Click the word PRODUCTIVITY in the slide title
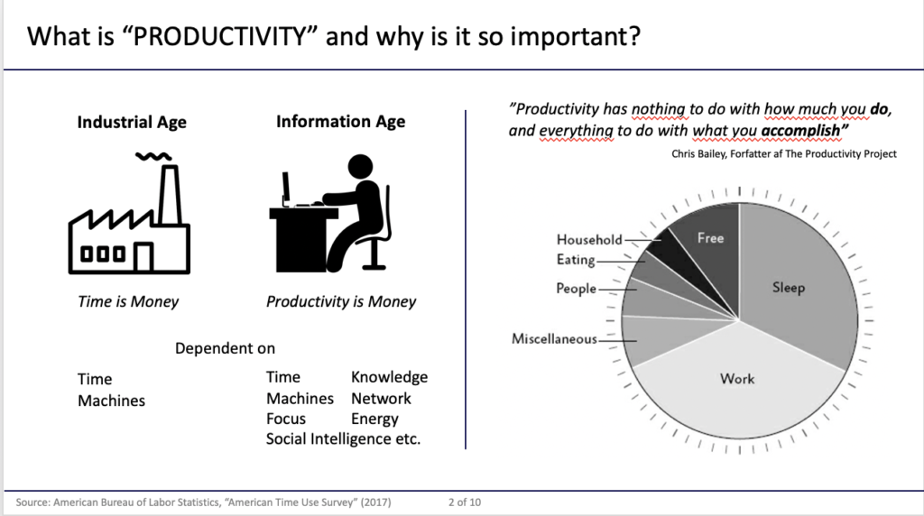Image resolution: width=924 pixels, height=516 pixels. [x=219, y=36]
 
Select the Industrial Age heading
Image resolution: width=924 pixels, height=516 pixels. [x=132, y=122]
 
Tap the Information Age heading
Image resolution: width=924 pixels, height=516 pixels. [x=340, y=122]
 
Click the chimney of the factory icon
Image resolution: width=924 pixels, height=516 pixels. [x=170, y=194]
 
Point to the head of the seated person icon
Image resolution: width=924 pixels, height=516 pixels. [x=360, y=167]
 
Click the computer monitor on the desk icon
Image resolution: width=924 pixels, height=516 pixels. [x=286, y=189]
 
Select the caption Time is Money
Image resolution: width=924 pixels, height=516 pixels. [x=128, y=301]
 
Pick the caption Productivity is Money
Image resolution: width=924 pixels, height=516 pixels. [x=340, y=301]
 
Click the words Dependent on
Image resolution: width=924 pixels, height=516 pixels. [x=225, y=348]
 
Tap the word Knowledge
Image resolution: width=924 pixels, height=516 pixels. [x=390, y=377]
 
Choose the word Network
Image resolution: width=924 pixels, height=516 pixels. [x=381, y=399]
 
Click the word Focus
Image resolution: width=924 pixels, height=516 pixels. [x=286, y=419]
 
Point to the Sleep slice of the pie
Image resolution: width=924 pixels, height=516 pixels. [x=796, y=282]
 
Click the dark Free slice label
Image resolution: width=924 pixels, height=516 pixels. [x=710, y=238]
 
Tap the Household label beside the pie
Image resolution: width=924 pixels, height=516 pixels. [x=589, y=240]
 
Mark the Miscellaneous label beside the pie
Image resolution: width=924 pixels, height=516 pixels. [x=554, y=338]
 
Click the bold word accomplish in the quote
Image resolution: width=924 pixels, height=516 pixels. [x=800, y=130]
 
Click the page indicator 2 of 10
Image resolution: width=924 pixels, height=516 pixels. [x=465, y=502]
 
